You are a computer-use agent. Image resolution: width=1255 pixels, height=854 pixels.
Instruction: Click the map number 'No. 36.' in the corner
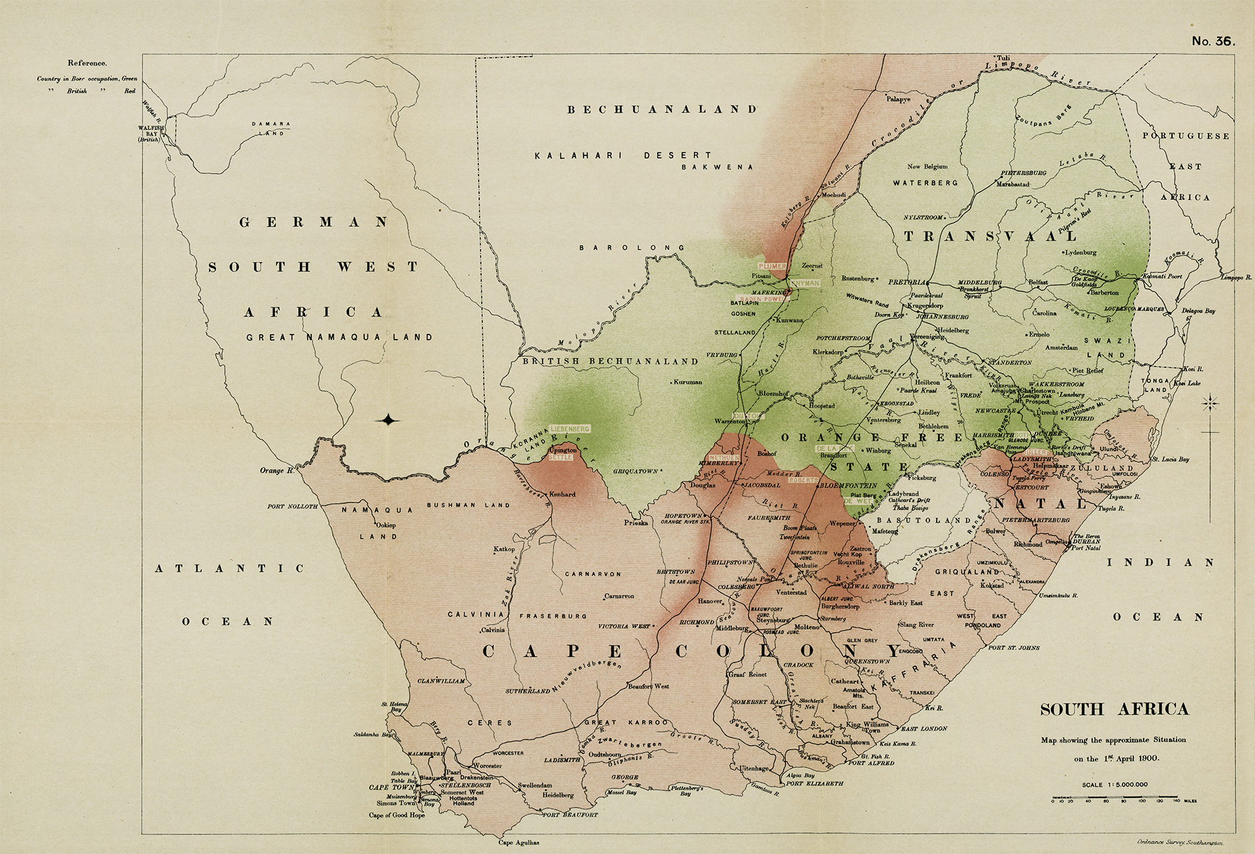click(x=1213, y=41)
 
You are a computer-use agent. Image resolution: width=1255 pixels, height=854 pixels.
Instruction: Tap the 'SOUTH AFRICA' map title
click(x=1114, y=709)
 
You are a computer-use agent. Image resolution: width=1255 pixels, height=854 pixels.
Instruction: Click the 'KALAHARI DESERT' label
click(x=623, y=156)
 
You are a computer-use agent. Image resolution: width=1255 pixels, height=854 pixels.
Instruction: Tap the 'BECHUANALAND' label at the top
click(x=661, y=110)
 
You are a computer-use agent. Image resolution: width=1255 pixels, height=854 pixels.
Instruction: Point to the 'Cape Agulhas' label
click(x=520, y=843)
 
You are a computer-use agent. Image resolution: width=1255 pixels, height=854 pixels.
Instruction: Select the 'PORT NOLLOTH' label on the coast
click(x=292, y=506)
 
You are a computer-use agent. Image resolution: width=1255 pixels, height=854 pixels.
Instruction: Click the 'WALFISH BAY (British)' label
click(x=148, y=133)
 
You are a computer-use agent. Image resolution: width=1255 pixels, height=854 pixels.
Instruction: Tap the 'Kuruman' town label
click(x=688, y=382)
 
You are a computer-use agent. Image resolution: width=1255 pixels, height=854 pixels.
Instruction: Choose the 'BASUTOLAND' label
click(x=924, y=520)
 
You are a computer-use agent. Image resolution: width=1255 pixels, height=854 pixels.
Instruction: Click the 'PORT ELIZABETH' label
click(x=814, y=783)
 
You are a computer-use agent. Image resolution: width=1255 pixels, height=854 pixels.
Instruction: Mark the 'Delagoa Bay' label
click(x=1199, y=311)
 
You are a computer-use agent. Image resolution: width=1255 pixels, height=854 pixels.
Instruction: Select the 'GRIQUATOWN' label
click(x=635, y=471)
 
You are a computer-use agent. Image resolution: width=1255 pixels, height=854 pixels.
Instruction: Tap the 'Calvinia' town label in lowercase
click(x=494, y=630)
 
